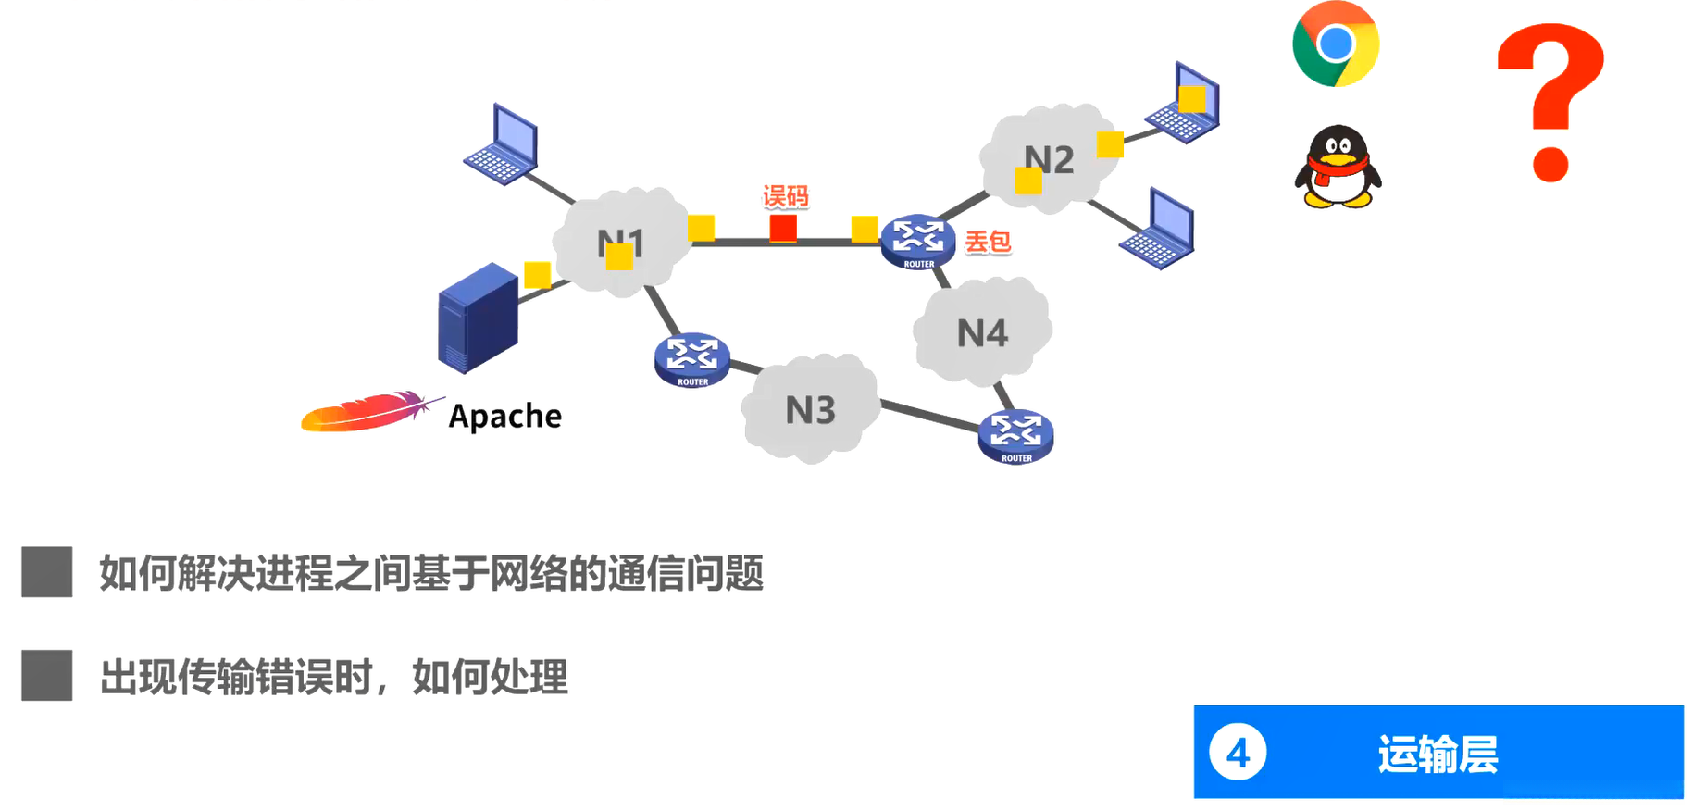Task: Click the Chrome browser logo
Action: click(1335, 44)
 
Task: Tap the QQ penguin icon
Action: click(1337, 168)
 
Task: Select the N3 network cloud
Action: click(810, 409)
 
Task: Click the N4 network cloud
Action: click(982, 332)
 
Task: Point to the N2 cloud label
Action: click(1050, 159)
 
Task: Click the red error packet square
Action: click(783, 228)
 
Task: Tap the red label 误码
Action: click(785, 196)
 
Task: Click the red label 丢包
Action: click(988, 243)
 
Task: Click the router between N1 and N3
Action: click(691, 358)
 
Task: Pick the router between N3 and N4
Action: click(1015, 435)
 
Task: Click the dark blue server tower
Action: click(478, 318)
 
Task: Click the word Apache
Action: click(504, 417)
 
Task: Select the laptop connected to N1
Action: click(503, 145)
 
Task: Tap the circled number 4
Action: click(1238, 754)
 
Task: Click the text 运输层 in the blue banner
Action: click(1438, 754)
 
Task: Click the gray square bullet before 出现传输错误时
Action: click(47, 675)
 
